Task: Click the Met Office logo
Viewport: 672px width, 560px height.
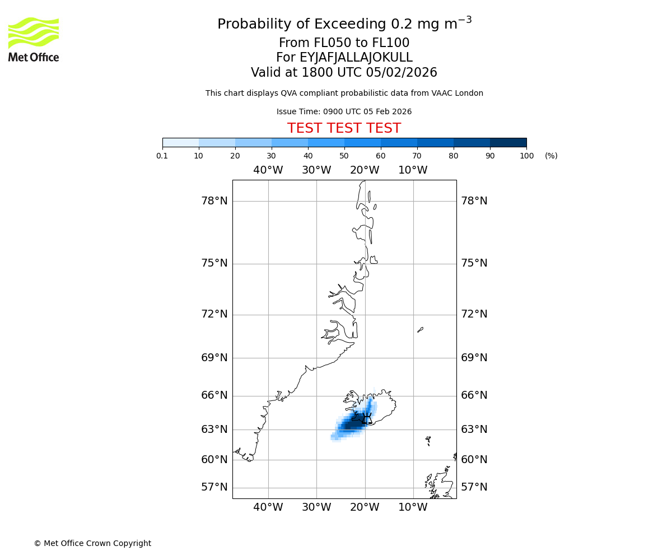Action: point(34,39)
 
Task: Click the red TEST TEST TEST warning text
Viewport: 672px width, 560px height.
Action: point(344,129)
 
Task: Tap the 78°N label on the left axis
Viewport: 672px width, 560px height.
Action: point(214,201)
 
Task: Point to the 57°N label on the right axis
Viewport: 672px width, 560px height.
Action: point(474,487)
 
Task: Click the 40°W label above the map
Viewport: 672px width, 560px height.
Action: point(268,170)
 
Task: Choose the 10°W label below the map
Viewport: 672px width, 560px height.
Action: point(413,507)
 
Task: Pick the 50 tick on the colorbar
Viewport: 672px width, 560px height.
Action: point(344,156)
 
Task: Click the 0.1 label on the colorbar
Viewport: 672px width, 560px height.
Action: point(162,156)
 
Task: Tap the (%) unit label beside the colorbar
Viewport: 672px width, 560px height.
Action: point(551,156)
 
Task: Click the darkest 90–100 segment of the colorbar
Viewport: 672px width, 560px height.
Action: point(508,142)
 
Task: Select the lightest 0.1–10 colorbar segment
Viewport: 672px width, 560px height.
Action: point(180,142)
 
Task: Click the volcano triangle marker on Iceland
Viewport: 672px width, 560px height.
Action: point(367,419)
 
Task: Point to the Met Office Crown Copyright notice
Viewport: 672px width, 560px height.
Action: point(92,543)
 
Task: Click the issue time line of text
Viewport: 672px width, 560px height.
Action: point(344,111)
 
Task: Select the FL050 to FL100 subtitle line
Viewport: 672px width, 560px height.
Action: point(344,43)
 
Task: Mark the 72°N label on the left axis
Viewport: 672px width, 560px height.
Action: point(214,314)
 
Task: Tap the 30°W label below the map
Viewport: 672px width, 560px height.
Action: point(316,507)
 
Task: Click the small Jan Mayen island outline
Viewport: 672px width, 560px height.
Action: point(421,330)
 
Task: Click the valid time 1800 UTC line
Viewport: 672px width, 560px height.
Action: point(344,73)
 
